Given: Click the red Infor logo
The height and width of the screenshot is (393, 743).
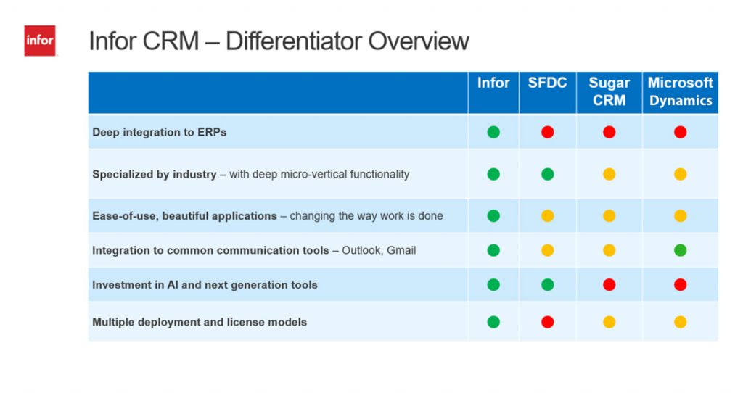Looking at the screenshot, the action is coord(40,41).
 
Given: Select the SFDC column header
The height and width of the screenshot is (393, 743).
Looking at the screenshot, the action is coord(547,83).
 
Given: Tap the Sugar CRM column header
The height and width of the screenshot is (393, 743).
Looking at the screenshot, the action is coord(609,91).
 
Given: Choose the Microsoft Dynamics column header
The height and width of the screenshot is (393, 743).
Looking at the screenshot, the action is coord(680,91).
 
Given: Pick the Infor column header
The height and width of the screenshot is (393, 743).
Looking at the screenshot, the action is coord(493,83).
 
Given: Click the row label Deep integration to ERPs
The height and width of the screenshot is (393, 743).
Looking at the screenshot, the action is coord(159,132).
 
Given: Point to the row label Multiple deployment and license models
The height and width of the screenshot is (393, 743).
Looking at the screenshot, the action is coord(200,322).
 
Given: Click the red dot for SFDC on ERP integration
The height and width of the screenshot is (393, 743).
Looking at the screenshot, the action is coord(547,132).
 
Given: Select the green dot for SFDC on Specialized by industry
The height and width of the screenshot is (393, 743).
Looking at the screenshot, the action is coord(547,174).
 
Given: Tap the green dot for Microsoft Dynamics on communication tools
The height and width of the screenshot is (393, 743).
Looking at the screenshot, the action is coord(680,250).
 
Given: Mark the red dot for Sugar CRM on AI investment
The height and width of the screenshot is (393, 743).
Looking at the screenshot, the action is coord(609,284).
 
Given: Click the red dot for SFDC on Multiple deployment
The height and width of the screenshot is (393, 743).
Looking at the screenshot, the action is coord(547,322).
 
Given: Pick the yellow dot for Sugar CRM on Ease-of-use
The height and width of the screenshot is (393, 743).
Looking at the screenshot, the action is coord(609,216).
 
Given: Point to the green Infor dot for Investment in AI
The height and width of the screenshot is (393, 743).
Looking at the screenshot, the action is coord(493,284).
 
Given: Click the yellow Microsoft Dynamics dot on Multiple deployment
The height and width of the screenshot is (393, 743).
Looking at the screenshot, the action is coord(680,322).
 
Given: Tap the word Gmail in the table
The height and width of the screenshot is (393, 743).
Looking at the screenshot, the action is coord(401,250).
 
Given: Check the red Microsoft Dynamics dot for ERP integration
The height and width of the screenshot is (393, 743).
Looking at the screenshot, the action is coord(680,132).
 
